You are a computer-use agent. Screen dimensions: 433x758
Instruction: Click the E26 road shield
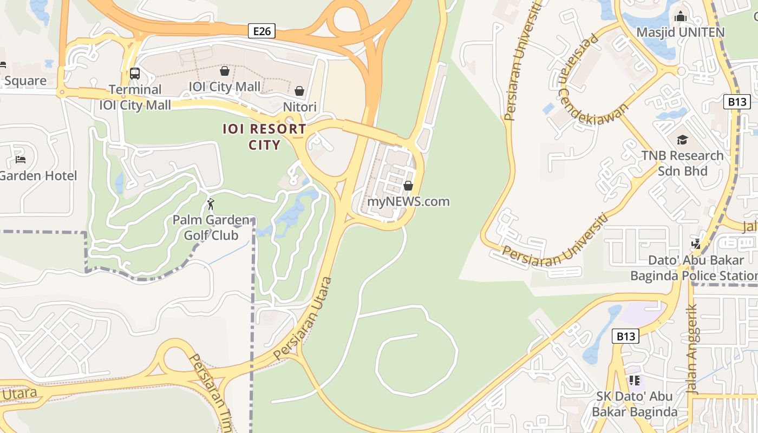[x=262, y=31]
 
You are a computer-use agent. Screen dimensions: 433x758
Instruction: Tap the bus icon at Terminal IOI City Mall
[x=134, y=73]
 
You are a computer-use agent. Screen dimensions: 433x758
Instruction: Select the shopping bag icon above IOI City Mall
[x=224, y=71]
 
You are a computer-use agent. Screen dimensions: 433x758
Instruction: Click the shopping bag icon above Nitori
[x=299, y=91]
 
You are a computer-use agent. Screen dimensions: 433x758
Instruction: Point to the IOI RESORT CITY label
[x=265, y=137]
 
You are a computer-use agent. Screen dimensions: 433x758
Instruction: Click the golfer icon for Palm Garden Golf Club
[x=211, y=204]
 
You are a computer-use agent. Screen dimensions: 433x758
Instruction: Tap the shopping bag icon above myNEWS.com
[x=408, y=186]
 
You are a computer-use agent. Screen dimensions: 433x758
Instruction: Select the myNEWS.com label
[x=408, y=202]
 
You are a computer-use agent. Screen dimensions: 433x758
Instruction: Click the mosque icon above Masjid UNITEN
[x=681, y=16]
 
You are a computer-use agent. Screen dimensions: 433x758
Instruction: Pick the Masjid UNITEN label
[x=680, y=32]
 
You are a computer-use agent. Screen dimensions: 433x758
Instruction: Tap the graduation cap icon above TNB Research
[x=682, y=140]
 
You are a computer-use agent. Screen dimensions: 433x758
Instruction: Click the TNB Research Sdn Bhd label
[x=682, y=163]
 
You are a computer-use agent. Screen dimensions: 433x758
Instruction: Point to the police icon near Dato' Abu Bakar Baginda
[x=696, y=244]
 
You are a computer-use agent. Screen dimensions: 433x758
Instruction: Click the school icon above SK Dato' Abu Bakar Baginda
[x=634, y=380]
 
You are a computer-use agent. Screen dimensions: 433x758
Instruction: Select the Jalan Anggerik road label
[x=692, y=349]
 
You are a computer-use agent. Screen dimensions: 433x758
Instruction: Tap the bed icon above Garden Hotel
[x=21, y=159]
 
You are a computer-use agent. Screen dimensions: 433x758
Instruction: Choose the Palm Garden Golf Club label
[x=211, y=228]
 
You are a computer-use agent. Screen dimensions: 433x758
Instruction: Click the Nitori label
[x=299, y=107]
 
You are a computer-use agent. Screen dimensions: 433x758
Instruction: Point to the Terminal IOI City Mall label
[x=135, y=97]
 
